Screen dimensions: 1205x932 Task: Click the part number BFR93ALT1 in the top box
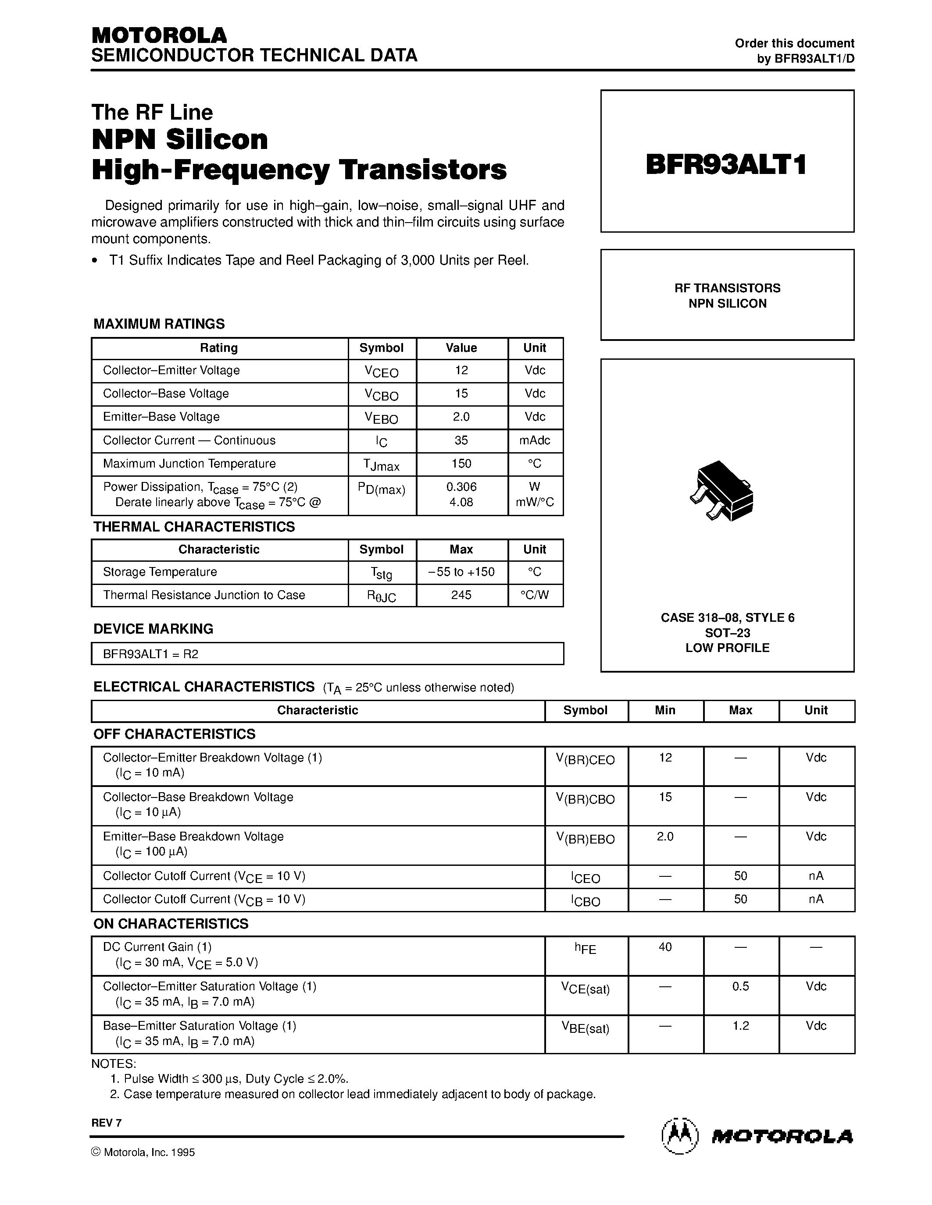tap(727, 164)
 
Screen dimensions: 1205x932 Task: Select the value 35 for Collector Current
tap(461, 440)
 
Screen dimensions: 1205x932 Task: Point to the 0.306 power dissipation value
tap(461, 487)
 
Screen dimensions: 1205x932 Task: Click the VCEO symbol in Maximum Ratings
tap(381, 371)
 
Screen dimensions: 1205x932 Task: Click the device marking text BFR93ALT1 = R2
tap(151, 654)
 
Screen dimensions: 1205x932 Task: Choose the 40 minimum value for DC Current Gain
tap(665, 947)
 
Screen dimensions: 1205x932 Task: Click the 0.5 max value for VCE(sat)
tap(740, 986)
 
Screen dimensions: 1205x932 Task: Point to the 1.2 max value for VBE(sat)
tap(740, 1026)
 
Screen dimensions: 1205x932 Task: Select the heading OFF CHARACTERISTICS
tap(175, 734)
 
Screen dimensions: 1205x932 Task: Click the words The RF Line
tap(152, 113)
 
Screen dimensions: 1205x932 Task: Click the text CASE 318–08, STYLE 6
tap(727, 617)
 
